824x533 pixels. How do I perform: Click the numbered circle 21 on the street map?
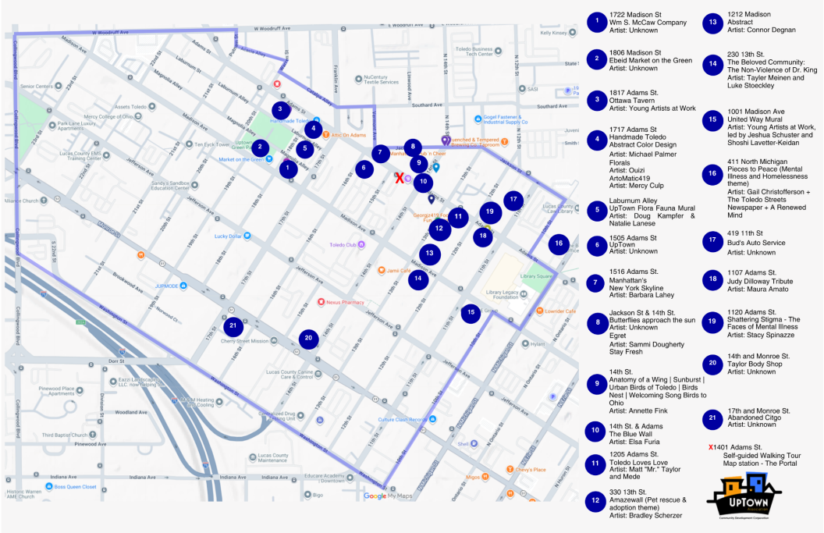(233, 325)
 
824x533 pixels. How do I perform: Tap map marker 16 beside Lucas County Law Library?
(559, 243)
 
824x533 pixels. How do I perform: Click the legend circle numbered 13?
(712, 23)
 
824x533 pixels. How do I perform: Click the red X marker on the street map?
(400, 179)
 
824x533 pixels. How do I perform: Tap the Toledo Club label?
(342, 245)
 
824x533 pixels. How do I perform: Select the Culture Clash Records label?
(403, 420)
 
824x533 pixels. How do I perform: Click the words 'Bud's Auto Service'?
(755, 243)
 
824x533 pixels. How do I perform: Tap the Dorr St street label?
(116, 361)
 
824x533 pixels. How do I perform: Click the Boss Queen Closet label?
(75, 487)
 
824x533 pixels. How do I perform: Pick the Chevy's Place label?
(529, 469)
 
